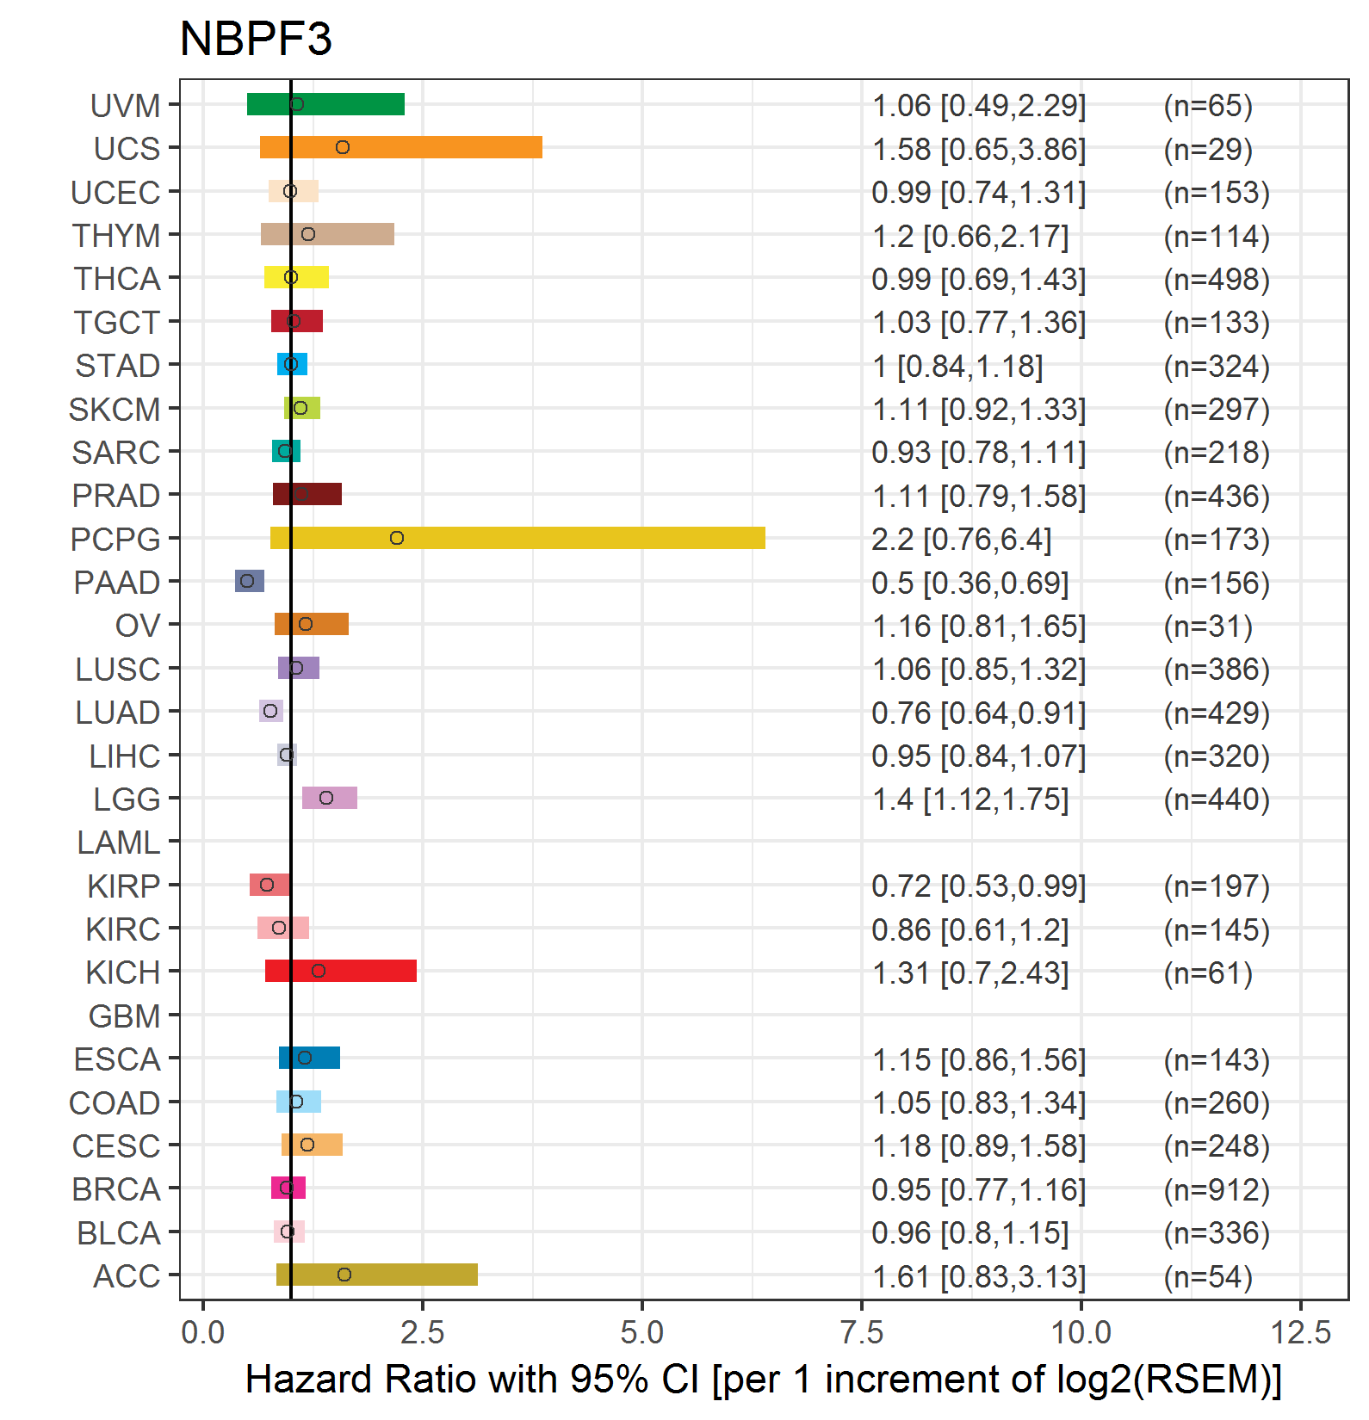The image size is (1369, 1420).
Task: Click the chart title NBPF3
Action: [256, 39]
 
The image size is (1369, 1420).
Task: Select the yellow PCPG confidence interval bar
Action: [517, 538]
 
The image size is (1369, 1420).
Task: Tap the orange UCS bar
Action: [401, 147]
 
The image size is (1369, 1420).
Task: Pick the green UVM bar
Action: [325, 104]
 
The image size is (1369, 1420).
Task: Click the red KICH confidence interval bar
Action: [341, 971]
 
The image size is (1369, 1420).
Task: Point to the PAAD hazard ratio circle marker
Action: [247, 581]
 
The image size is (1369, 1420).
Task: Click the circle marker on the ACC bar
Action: [344, 1275]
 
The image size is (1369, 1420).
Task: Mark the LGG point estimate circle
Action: [326, 798]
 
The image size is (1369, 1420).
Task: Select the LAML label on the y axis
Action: [119, 843]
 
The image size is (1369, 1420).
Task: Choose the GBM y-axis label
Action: [125, 1016]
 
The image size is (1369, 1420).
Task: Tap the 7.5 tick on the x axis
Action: [862, 1333]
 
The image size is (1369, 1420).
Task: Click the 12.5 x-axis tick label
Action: [1301, 1333]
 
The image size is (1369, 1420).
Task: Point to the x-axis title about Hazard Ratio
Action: [764, 1380]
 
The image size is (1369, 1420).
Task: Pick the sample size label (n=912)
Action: [1217, 1189]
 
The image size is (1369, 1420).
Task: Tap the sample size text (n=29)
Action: [1208, 149]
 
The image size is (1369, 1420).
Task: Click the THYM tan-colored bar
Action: [327, 234]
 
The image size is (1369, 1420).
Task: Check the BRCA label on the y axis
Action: [116, 1189]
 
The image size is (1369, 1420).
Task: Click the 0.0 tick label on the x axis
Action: [203, 1333]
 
